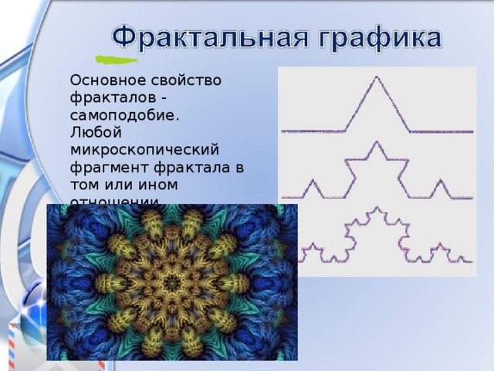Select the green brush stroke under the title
tap(116, 59)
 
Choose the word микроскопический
tap(144, 149)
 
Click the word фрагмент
tap(105, 167)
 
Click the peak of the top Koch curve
tap(377, 78)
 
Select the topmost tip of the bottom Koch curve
tap(376, 208)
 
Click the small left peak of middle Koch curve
tap(313, 181)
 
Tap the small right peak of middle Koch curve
tap(439, 181)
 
